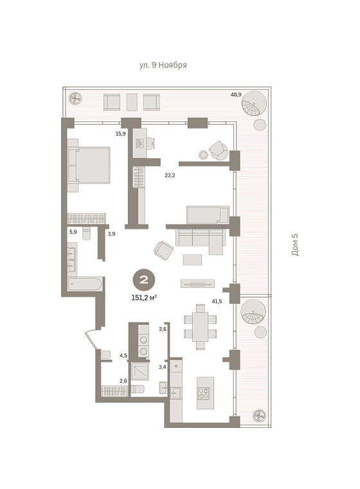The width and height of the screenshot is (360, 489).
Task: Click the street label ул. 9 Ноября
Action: (x=163, y=65)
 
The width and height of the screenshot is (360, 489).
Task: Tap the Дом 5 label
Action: (x=295, y=244)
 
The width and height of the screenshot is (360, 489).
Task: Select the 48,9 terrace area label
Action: (x=236, y=94)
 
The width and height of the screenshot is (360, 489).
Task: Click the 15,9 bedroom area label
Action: (x=120, y=134)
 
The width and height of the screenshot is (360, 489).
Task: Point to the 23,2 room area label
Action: (x=170, y=175)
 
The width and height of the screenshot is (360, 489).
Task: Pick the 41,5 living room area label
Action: (x=217, y=301)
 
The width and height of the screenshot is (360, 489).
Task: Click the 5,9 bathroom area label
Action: (x=73, y=232)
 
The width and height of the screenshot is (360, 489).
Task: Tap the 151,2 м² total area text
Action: (x=144, y=298)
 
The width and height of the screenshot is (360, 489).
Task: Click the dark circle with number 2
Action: (x=144, y=280)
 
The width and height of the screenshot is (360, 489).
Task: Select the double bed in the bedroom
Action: (x=89, y=165)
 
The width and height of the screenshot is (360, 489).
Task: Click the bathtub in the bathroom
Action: (x=84, y=284)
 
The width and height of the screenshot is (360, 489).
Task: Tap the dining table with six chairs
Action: (x=201, y=327)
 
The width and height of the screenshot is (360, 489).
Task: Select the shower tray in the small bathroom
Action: (x=139, y=371)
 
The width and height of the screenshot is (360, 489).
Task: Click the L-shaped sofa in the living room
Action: (x=201, y=242)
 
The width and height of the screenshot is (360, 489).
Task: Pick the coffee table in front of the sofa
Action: (x=192, y=260)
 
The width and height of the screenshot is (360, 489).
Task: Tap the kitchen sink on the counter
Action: (x=175, y=393)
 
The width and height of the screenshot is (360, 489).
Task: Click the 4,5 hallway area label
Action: (x=123, y=355)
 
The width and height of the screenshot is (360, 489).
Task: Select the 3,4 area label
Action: (x=162, y=367)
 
